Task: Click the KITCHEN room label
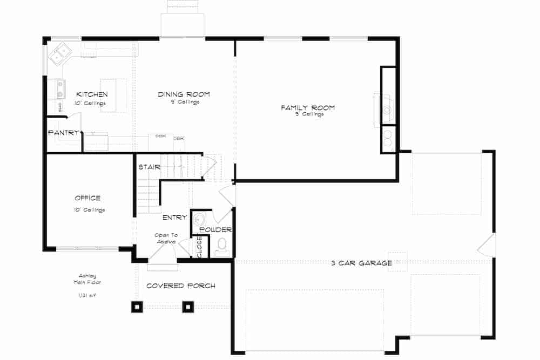[x=87, y=94]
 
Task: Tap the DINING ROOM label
[x=184, y=94]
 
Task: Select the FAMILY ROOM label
[x=307, y=108]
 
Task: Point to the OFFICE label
[x=87, y=198]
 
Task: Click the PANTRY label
[x=64, y=133]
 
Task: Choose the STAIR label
[x=149, y=167]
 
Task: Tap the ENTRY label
[x=174, y=218]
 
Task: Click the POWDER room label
[x=215, y=230]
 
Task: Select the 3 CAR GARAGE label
[x=361, y=263]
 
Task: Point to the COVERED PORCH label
[x=180, y=286]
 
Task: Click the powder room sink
[x=199, y=219]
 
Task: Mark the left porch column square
[x=136, y=307]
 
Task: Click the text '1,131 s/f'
[x=87, y=295]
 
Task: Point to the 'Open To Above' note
[x=166, y=239]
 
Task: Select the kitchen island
[x=113, y=96]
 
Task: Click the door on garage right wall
[x=487, y=246]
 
